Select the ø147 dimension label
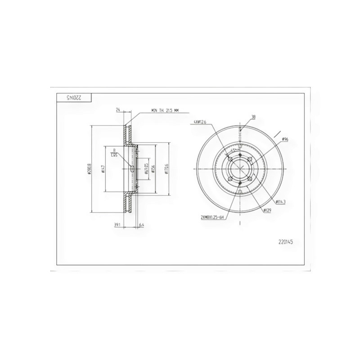(x=103, y=170)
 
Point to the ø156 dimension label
(x=153, y=170)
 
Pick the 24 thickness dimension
(x=118, y=109)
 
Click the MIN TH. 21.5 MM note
(x=166, y=110)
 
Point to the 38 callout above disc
(x=253, y=117)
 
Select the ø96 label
(x=284, y=139)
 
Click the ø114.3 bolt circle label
(x=282, y=202)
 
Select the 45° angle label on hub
(x=234, y=149)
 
